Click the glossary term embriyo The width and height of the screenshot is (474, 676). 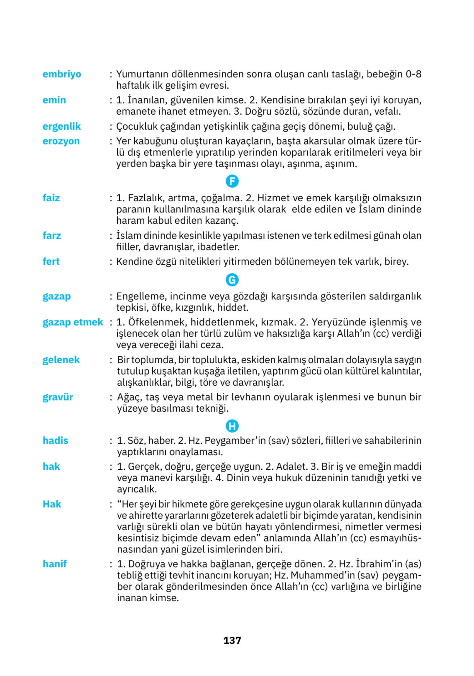(x=62, y=74)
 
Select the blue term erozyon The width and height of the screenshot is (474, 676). (x=61, y=141)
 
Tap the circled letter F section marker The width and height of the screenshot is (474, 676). (x=232, y=181)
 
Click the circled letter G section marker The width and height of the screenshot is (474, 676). (x=232, y=280)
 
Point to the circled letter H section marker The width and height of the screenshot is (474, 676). (x=232, y=426)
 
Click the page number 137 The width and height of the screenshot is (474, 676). (x=232, y=640)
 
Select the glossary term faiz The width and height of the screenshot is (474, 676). (x=51, y=198)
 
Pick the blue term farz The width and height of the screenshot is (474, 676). (x=52, y=236)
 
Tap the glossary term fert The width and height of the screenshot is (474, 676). (x=51, y=262)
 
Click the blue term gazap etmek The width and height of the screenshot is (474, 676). (x=73, y=322)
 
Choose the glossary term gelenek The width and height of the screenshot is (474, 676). (x=61, y=360)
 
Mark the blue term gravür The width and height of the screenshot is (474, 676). (x=58, y=397)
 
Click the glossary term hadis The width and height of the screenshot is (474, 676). (x=55, y=440)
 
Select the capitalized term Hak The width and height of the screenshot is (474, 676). (x=52, y=504)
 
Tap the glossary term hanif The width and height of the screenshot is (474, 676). (x=55, y=564)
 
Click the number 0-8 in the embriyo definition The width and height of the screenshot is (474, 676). (x=413, y=74)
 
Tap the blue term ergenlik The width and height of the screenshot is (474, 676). (x=62, y=127)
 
